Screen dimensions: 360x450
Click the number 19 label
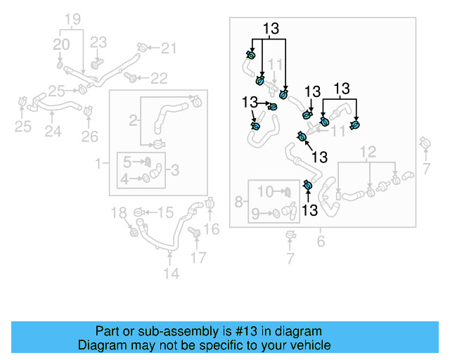tap(73, 19)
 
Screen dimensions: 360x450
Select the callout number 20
tap(62, 44)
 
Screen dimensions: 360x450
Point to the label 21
tap(169, 49)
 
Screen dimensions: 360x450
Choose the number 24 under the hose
tap(53, 131)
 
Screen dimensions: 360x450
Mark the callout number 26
tap(89, 136)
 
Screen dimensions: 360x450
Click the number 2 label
tap(133, 120)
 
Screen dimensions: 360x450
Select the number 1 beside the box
tap(98, 164)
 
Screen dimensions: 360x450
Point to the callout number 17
tap(199, 257)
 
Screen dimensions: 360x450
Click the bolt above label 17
tap(195, 232)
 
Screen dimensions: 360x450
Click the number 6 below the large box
tap(321, 242)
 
